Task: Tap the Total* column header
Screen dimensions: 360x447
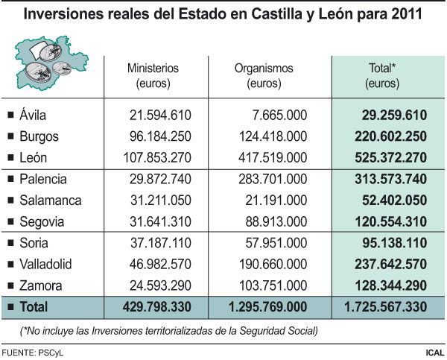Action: coord(381,75)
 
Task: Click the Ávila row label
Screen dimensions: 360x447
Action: coord(35,115)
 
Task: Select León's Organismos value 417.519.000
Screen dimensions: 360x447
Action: coord(269,158)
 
